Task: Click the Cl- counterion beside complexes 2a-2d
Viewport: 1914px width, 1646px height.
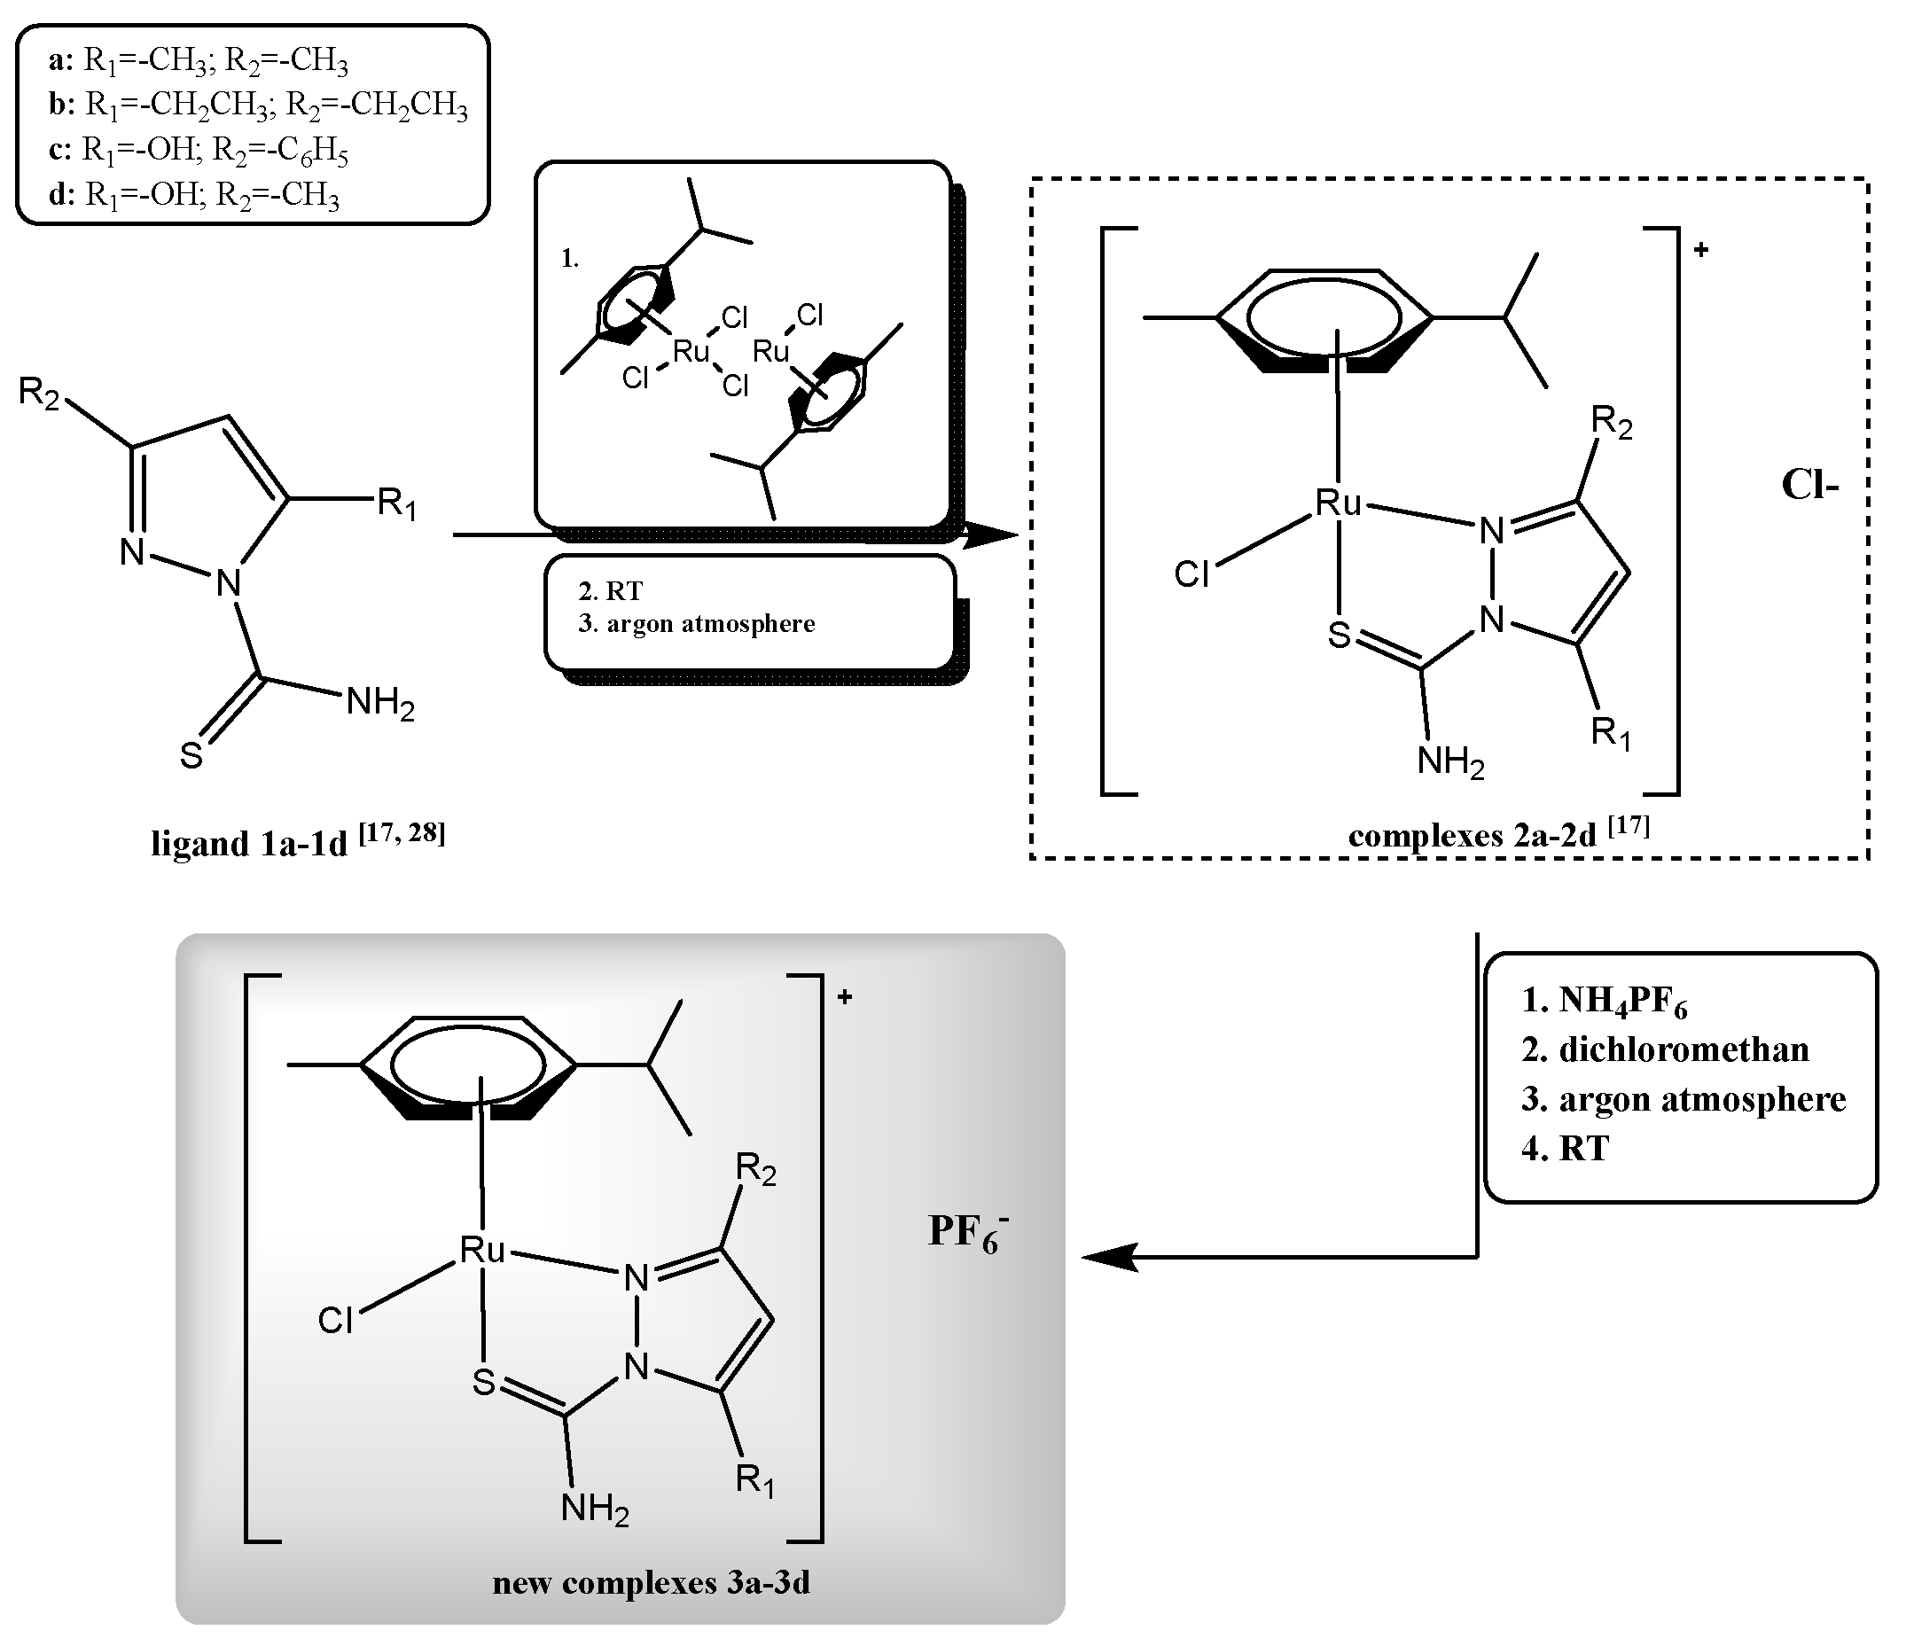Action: (1809, 485)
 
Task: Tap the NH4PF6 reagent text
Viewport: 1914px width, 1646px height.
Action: (1605, 1002)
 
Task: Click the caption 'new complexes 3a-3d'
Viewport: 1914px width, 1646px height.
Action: (652, 1583)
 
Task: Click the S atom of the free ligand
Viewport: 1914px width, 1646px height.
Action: (191, 755)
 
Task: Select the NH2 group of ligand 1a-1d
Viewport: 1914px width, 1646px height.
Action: (379, 705)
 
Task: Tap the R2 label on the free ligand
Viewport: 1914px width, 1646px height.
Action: (39, 394)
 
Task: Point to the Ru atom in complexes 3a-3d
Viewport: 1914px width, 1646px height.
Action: (482, 1251)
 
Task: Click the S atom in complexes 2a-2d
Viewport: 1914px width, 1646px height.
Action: (1340, 635)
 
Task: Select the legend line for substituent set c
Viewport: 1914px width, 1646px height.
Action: (199, 151)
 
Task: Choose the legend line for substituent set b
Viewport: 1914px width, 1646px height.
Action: (259, 105)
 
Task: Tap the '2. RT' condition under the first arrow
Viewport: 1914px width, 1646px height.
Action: (611, 591)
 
